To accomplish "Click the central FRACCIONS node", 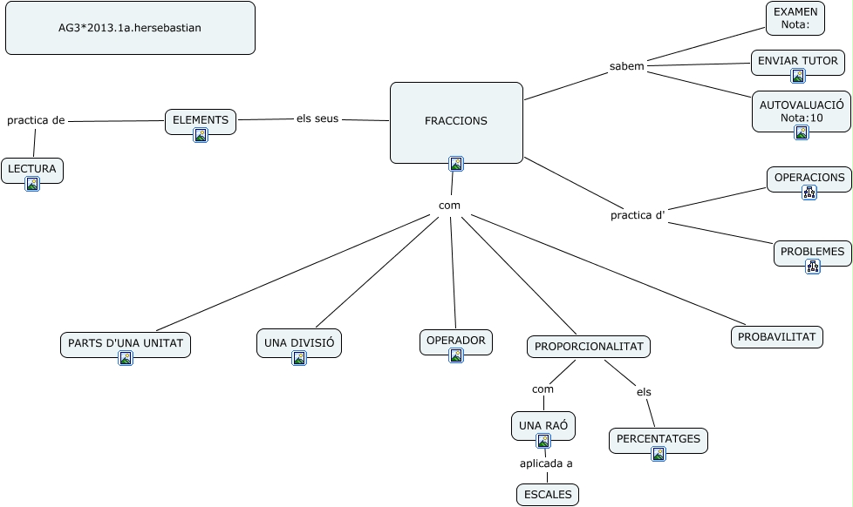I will coord(456,121).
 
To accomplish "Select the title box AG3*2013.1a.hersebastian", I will coord(130,28).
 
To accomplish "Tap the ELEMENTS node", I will coord(201,120).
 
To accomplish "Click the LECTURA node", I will coord(32,169).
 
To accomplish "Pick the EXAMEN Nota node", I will coord(795,18).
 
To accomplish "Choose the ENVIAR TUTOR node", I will coord(797,61).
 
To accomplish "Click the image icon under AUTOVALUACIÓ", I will coord(802,132).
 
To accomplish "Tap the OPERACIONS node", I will coord(809,178).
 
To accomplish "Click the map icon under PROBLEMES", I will coord(813,267).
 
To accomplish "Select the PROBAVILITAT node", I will coord(776,336).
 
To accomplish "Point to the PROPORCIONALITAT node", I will coord(589,347).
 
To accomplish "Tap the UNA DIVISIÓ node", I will coord(298,343).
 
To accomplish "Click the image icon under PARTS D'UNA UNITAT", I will coord(126,358).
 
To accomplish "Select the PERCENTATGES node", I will coord(658,439).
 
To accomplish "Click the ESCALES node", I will coord(548,495).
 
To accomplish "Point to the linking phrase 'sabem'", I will coord(626,66).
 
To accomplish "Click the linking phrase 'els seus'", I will coord(317,118).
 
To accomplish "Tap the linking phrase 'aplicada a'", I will coord(546,463).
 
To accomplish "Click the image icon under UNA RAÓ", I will coord(543,441).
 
